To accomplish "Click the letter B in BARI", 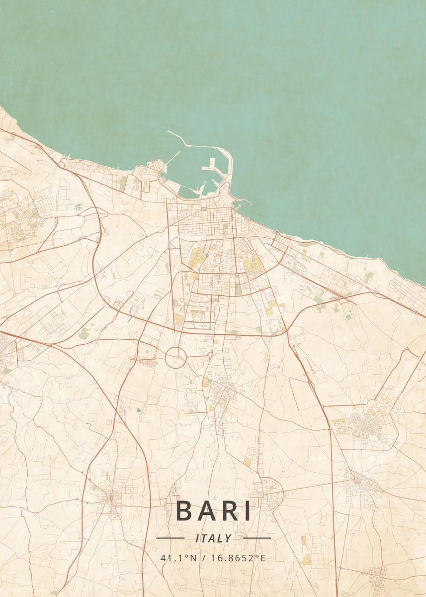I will point(185,511).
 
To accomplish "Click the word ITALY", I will point(214,538).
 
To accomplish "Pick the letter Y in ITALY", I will point(228,538).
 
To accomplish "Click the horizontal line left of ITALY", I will point(170,538).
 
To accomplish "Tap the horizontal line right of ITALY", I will point(257,538).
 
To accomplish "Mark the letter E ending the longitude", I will point(263,558).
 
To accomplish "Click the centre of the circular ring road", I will point(175,358).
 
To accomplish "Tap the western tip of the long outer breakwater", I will point(169,132).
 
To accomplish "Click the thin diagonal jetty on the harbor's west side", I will point(172,158).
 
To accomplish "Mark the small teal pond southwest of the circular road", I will point(138,410).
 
